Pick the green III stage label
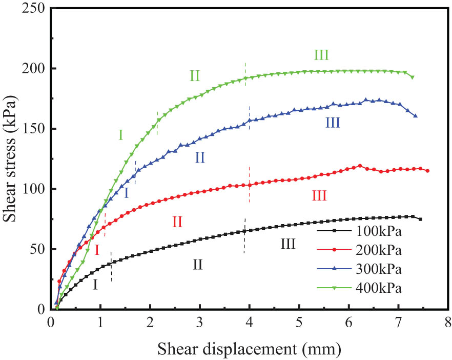pos(321,55)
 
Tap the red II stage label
pos(177,222)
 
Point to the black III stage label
pos(288,244)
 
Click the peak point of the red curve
pos(360,166)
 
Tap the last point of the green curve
pos(412,77)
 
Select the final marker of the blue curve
pos(415,116)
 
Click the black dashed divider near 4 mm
pos(244,236)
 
